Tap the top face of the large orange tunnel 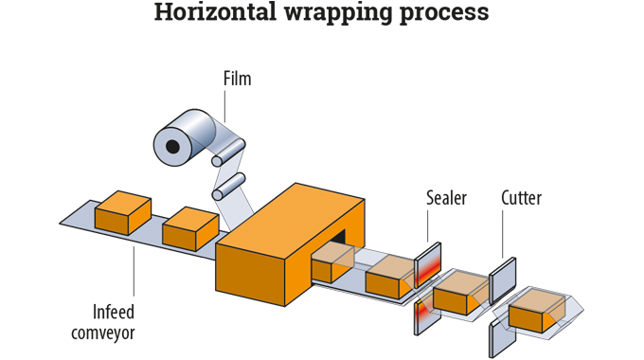[290, 218]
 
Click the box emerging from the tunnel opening [331, 261]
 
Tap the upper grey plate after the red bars [503, 279]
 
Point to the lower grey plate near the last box [496, 335]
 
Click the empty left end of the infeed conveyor [76, 220]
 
